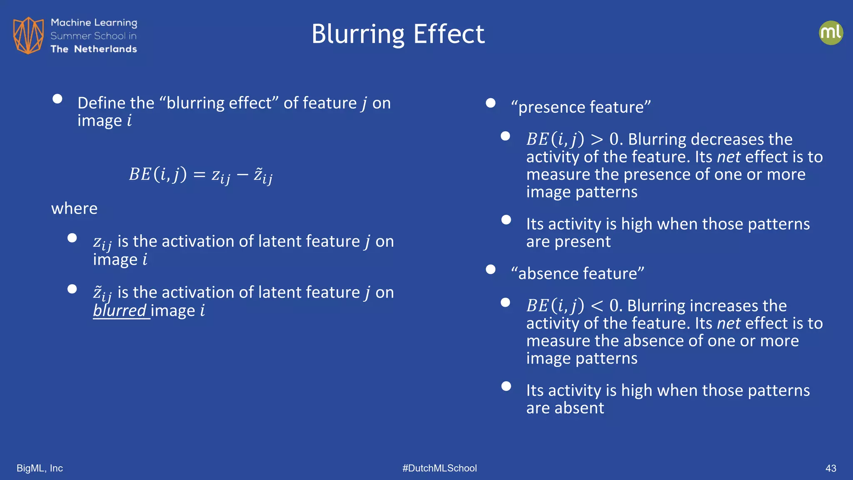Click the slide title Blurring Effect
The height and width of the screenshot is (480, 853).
coord(398,34)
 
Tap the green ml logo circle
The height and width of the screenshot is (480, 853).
coord(831,33)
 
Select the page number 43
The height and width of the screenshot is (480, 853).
coord(831,468)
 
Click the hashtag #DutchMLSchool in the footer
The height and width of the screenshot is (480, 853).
coord(439,468)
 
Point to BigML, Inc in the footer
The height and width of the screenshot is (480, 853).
coord(40,468)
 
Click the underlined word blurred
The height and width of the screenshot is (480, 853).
coord(120,310)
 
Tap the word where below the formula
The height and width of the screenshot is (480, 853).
coord(74,208)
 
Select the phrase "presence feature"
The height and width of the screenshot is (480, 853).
coord(581,107)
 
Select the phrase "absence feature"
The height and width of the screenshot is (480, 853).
coord(577,273)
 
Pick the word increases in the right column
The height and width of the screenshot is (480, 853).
coord(724,306)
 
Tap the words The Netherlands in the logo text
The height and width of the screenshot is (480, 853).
coord(94,49)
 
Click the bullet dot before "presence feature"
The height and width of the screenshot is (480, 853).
coord(491,103)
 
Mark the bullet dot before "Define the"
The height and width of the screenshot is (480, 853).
coord(57,99)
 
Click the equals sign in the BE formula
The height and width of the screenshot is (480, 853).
coord(200,175)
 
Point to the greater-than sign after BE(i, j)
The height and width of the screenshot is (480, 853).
coord(596,140)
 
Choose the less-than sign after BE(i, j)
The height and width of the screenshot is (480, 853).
coord(596,306)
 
